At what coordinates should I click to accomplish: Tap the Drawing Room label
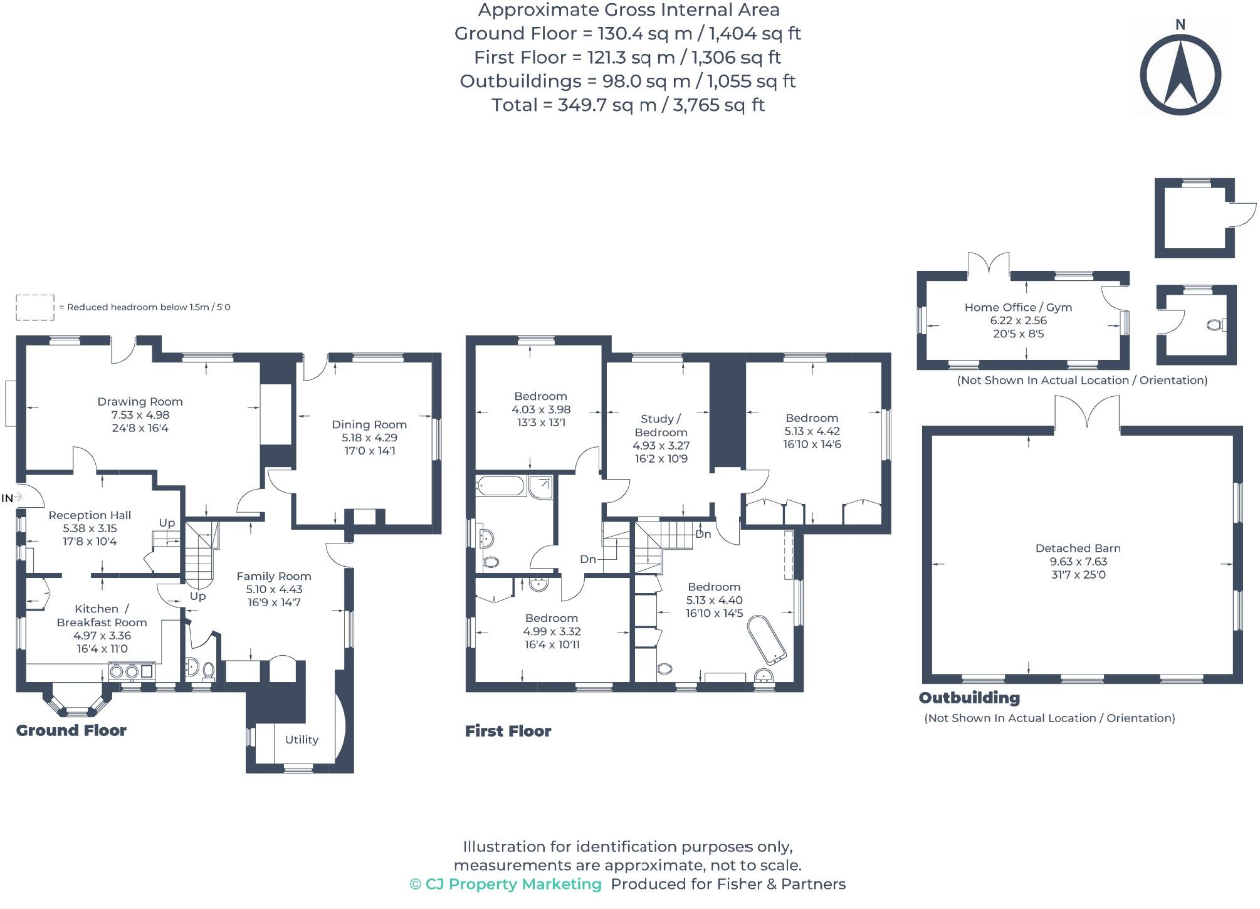[140, 401]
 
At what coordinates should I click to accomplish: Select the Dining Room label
[369, 424]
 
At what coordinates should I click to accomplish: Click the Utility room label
[302, 739]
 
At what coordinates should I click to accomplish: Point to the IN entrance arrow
[18, 497]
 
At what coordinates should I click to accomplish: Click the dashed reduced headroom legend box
[35, 307]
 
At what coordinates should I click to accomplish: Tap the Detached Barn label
[1078, 548]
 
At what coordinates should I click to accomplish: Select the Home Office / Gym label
[1018, 307]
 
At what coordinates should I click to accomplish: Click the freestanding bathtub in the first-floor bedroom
[766, 639]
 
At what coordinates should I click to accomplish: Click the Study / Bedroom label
[661, 425]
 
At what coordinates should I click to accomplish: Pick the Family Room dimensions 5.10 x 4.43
[274, 589]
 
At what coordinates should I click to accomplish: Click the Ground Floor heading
[71, 730]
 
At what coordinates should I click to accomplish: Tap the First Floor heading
[508, 731]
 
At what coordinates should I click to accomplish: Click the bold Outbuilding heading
[969, 698]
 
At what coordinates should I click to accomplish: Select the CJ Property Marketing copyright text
[505, 884]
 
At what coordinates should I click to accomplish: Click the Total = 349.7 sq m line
[628, 105]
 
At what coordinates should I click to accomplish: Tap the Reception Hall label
[90, 515]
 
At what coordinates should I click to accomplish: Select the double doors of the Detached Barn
[1086, 414]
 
